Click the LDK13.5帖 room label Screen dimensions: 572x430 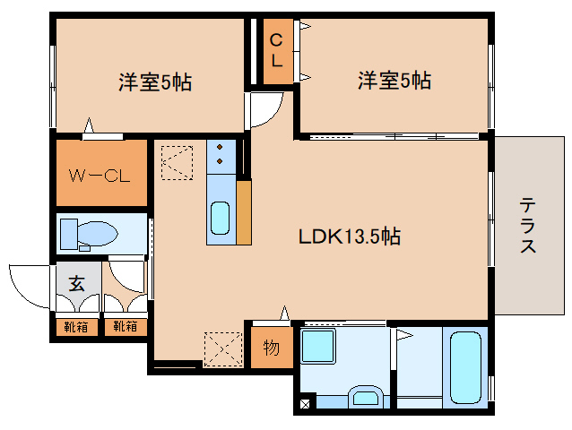click(350, 236)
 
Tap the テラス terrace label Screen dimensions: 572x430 click(528, 225)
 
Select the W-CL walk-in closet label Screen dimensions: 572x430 click(100, 176)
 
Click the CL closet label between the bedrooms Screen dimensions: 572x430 click(276, 50)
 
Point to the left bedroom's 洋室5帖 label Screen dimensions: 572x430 click(155, 82)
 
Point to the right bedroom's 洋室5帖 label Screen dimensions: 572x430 click(394, 80)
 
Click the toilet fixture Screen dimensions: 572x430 click(89, 235)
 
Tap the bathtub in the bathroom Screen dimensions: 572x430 click(465, 367)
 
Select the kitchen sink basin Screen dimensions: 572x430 click(221, 218)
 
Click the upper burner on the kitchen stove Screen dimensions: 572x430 click(220, 147)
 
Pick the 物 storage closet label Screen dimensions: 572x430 click(272, 348)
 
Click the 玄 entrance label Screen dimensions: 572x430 click(77, 283)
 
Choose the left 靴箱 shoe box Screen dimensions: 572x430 click(76, 327)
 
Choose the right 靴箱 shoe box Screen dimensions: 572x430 click(126, 327)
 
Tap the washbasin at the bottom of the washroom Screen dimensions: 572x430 click(366, 397)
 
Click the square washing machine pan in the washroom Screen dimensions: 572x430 click(317, 346)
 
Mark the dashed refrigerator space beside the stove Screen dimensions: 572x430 click(177, 162)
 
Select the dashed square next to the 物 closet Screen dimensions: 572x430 click(223, 349)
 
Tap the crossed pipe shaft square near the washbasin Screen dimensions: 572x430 click(305, 404)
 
